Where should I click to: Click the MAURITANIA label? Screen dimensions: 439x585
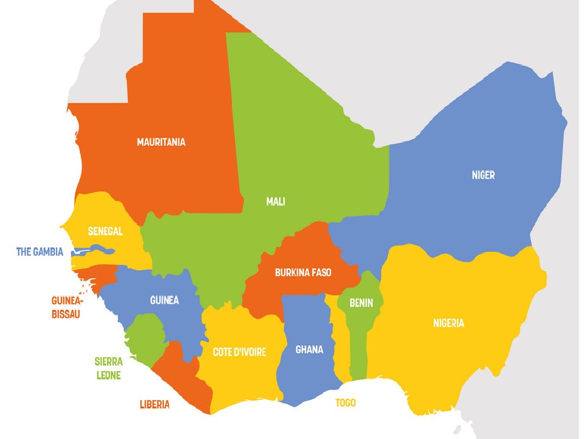tap(161, 142)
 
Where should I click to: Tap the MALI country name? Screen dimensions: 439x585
tap(275, 202)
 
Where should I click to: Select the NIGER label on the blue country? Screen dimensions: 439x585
tap(483, 175)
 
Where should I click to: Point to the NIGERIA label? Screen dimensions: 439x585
tap(449, 323)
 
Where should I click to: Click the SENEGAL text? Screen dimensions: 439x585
tap(105, 231)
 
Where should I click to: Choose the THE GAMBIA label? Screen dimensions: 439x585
tap(40, 252)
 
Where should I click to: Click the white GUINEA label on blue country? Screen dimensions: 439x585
tap(164, 300)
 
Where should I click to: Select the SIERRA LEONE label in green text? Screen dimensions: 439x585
tap(108, 369)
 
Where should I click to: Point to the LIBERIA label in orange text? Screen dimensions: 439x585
tap(155, 404)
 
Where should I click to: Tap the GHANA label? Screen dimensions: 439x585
tap(309, 350)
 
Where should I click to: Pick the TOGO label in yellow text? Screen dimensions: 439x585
tap(345, 403)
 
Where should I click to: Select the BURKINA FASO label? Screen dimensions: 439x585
tap(303, 273)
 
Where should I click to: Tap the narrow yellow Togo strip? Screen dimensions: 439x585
tap(341, 352)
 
